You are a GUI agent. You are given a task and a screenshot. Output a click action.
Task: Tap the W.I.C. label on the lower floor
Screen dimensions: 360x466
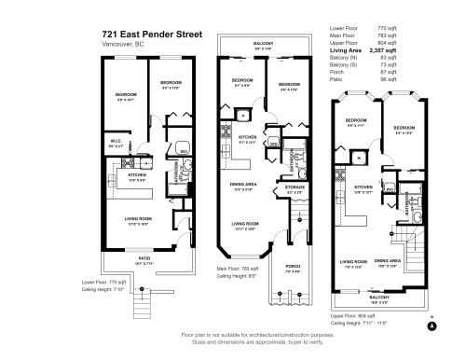click(x=116, y=143)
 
